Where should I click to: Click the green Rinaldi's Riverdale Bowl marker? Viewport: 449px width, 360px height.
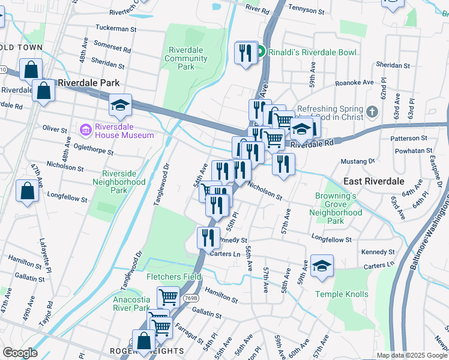coord(262,53)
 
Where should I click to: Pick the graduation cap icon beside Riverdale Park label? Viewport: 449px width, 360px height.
coord(120,106)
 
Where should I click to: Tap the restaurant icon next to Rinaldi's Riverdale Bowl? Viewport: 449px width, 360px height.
coord(246,54)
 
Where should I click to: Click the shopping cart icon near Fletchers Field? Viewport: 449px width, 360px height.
coord(168,297)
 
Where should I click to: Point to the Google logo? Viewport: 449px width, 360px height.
coord(20,353)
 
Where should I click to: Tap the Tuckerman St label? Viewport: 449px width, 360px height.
coord(116,28)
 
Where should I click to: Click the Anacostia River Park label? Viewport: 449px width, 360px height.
coord(131,303)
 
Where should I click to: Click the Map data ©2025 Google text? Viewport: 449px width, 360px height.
coord(411,355)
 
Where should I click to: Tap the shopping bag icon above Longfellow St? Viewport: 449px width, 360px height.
coord(28,191)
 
